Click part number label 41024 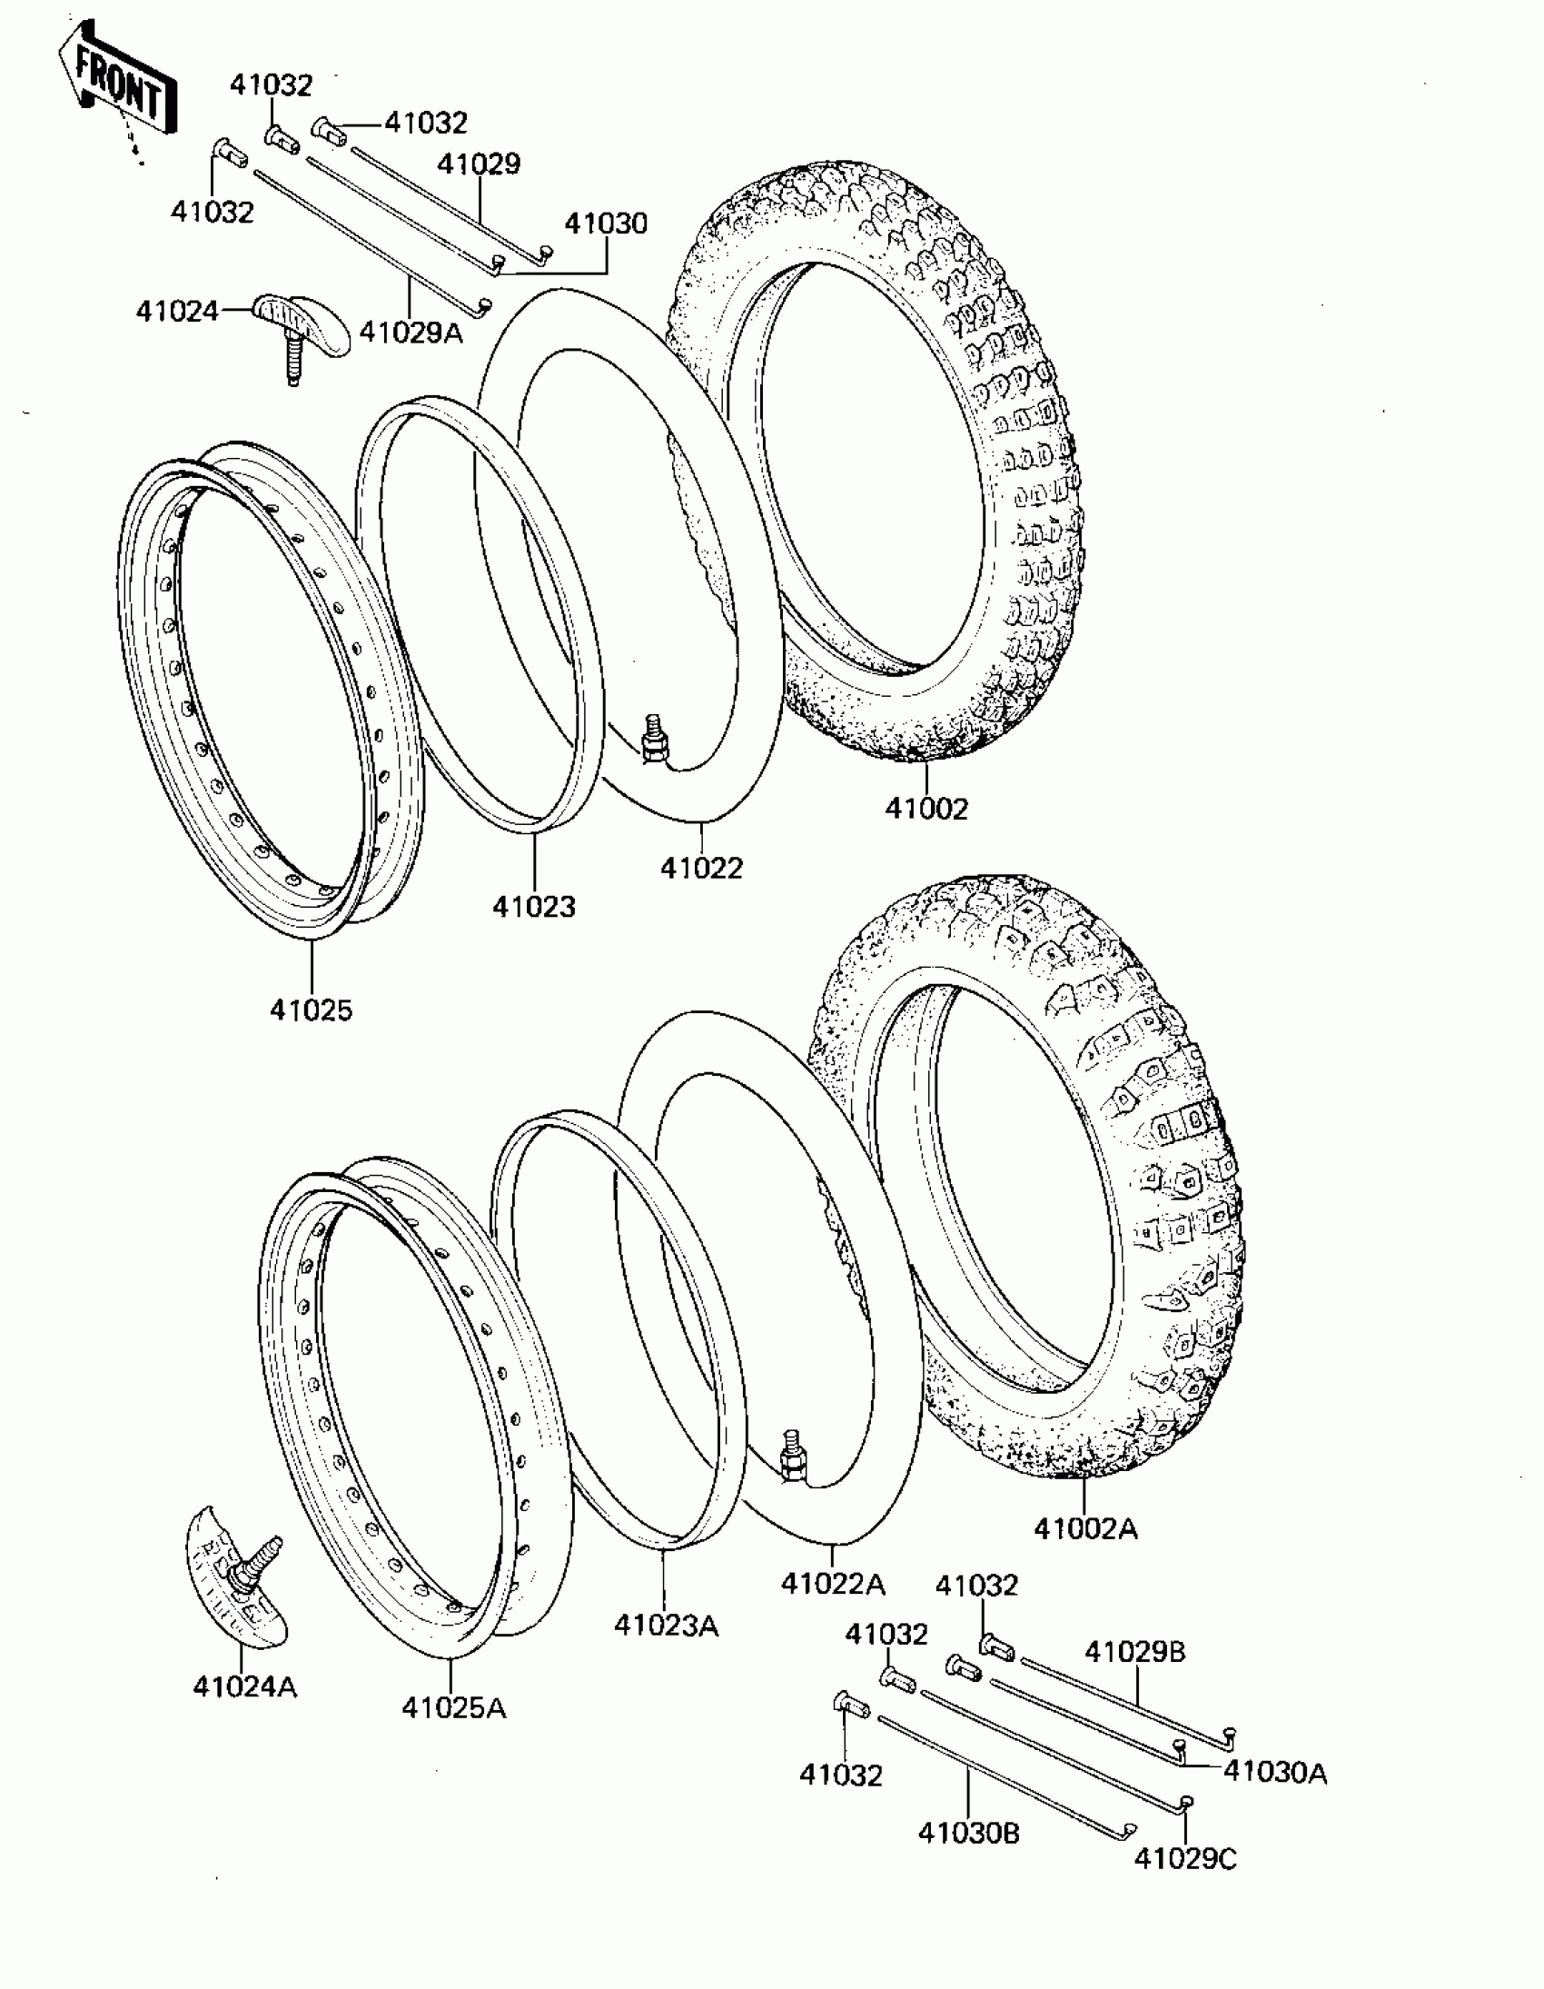tap(176, 312)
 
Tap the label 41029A tap(411, 333)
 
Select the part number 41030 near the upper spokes tap(606, 224)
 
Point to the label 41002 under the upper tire tap(926, 808)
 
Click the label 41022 tap(701, 868)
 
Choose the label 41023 tap(533, 907)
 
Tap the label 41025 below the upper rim tap(311, 1009)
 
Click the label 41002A tap(1085, 1528)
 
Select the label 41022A tap(833, 1584)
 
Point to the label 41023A tap(666, 1625)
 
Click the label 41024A tap(244, 1687)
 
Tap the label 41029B tap(1134, 1652)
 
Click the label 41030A tap(1274, 1772)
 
